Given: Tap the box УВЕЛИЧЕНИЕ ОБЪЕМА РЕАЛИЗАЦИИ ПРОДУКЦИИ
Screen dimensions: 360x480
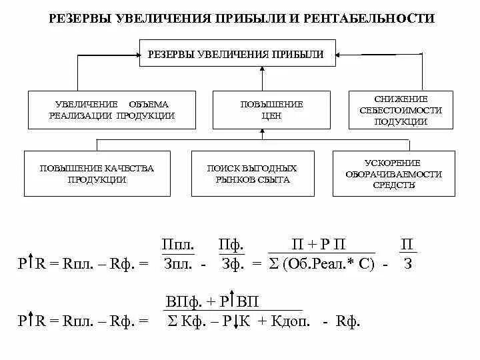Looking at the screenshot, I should [112, 110].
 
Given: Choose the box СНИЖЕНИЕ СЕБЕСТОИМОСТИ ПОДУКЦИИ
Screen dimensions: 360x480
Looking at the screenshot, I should [400, 110].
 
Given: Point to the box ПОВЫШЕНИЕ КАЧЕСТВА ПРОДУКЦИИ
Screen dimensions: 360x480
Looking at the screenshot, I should [97, 174].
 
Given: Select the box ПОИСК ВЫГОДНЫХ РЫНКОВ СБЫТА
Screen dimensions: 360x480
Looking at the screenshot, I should [253, 174].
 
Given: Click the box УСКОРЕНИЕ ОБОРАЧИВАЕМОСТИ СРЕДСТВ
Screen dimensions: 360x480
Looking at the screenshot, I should [394, 174].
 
